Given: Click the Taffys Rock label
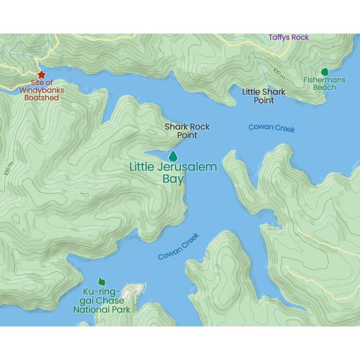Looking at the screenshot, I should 289,37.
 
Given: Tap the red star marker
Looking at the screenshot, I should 41,74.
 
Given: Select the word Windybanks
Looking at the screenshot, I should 41,90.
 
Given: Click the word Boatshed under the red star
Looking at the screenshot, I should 41,98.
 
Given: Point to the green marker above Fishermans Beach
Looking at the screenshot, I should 325,71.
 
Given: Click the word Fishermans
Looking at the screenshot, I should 324,80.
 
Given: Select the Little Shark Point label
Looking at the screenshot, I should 264,96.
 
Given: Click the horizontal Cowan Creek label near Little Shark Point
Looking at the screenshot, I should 271,128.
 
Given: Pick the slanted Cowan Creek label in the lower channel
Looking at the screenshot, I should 178,247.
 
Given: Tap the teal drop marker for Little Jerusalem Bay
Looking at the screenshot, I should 173,156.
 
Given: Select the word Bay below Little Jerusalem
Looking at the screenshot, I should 173,179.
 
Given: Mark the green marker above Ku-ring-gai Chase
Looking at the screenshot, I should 101,282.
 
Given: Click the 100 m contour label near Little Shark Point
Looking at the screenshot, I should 279,74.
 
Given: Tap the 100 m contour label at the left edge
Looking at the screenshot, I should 8,169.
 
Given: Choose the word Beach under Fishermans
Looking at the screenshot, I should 324,87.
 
